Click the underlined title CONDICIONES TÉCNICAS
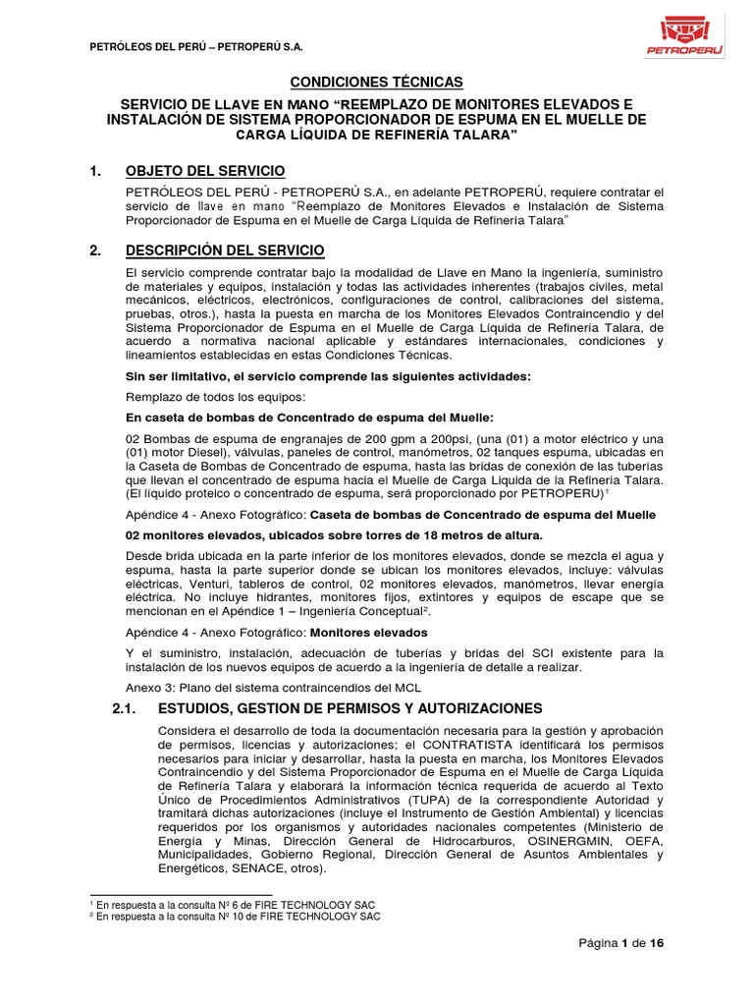pyautogui.click(x=376, y=83)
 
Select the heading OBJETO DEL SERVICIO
pyautogui.click(x=206, y=171)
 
